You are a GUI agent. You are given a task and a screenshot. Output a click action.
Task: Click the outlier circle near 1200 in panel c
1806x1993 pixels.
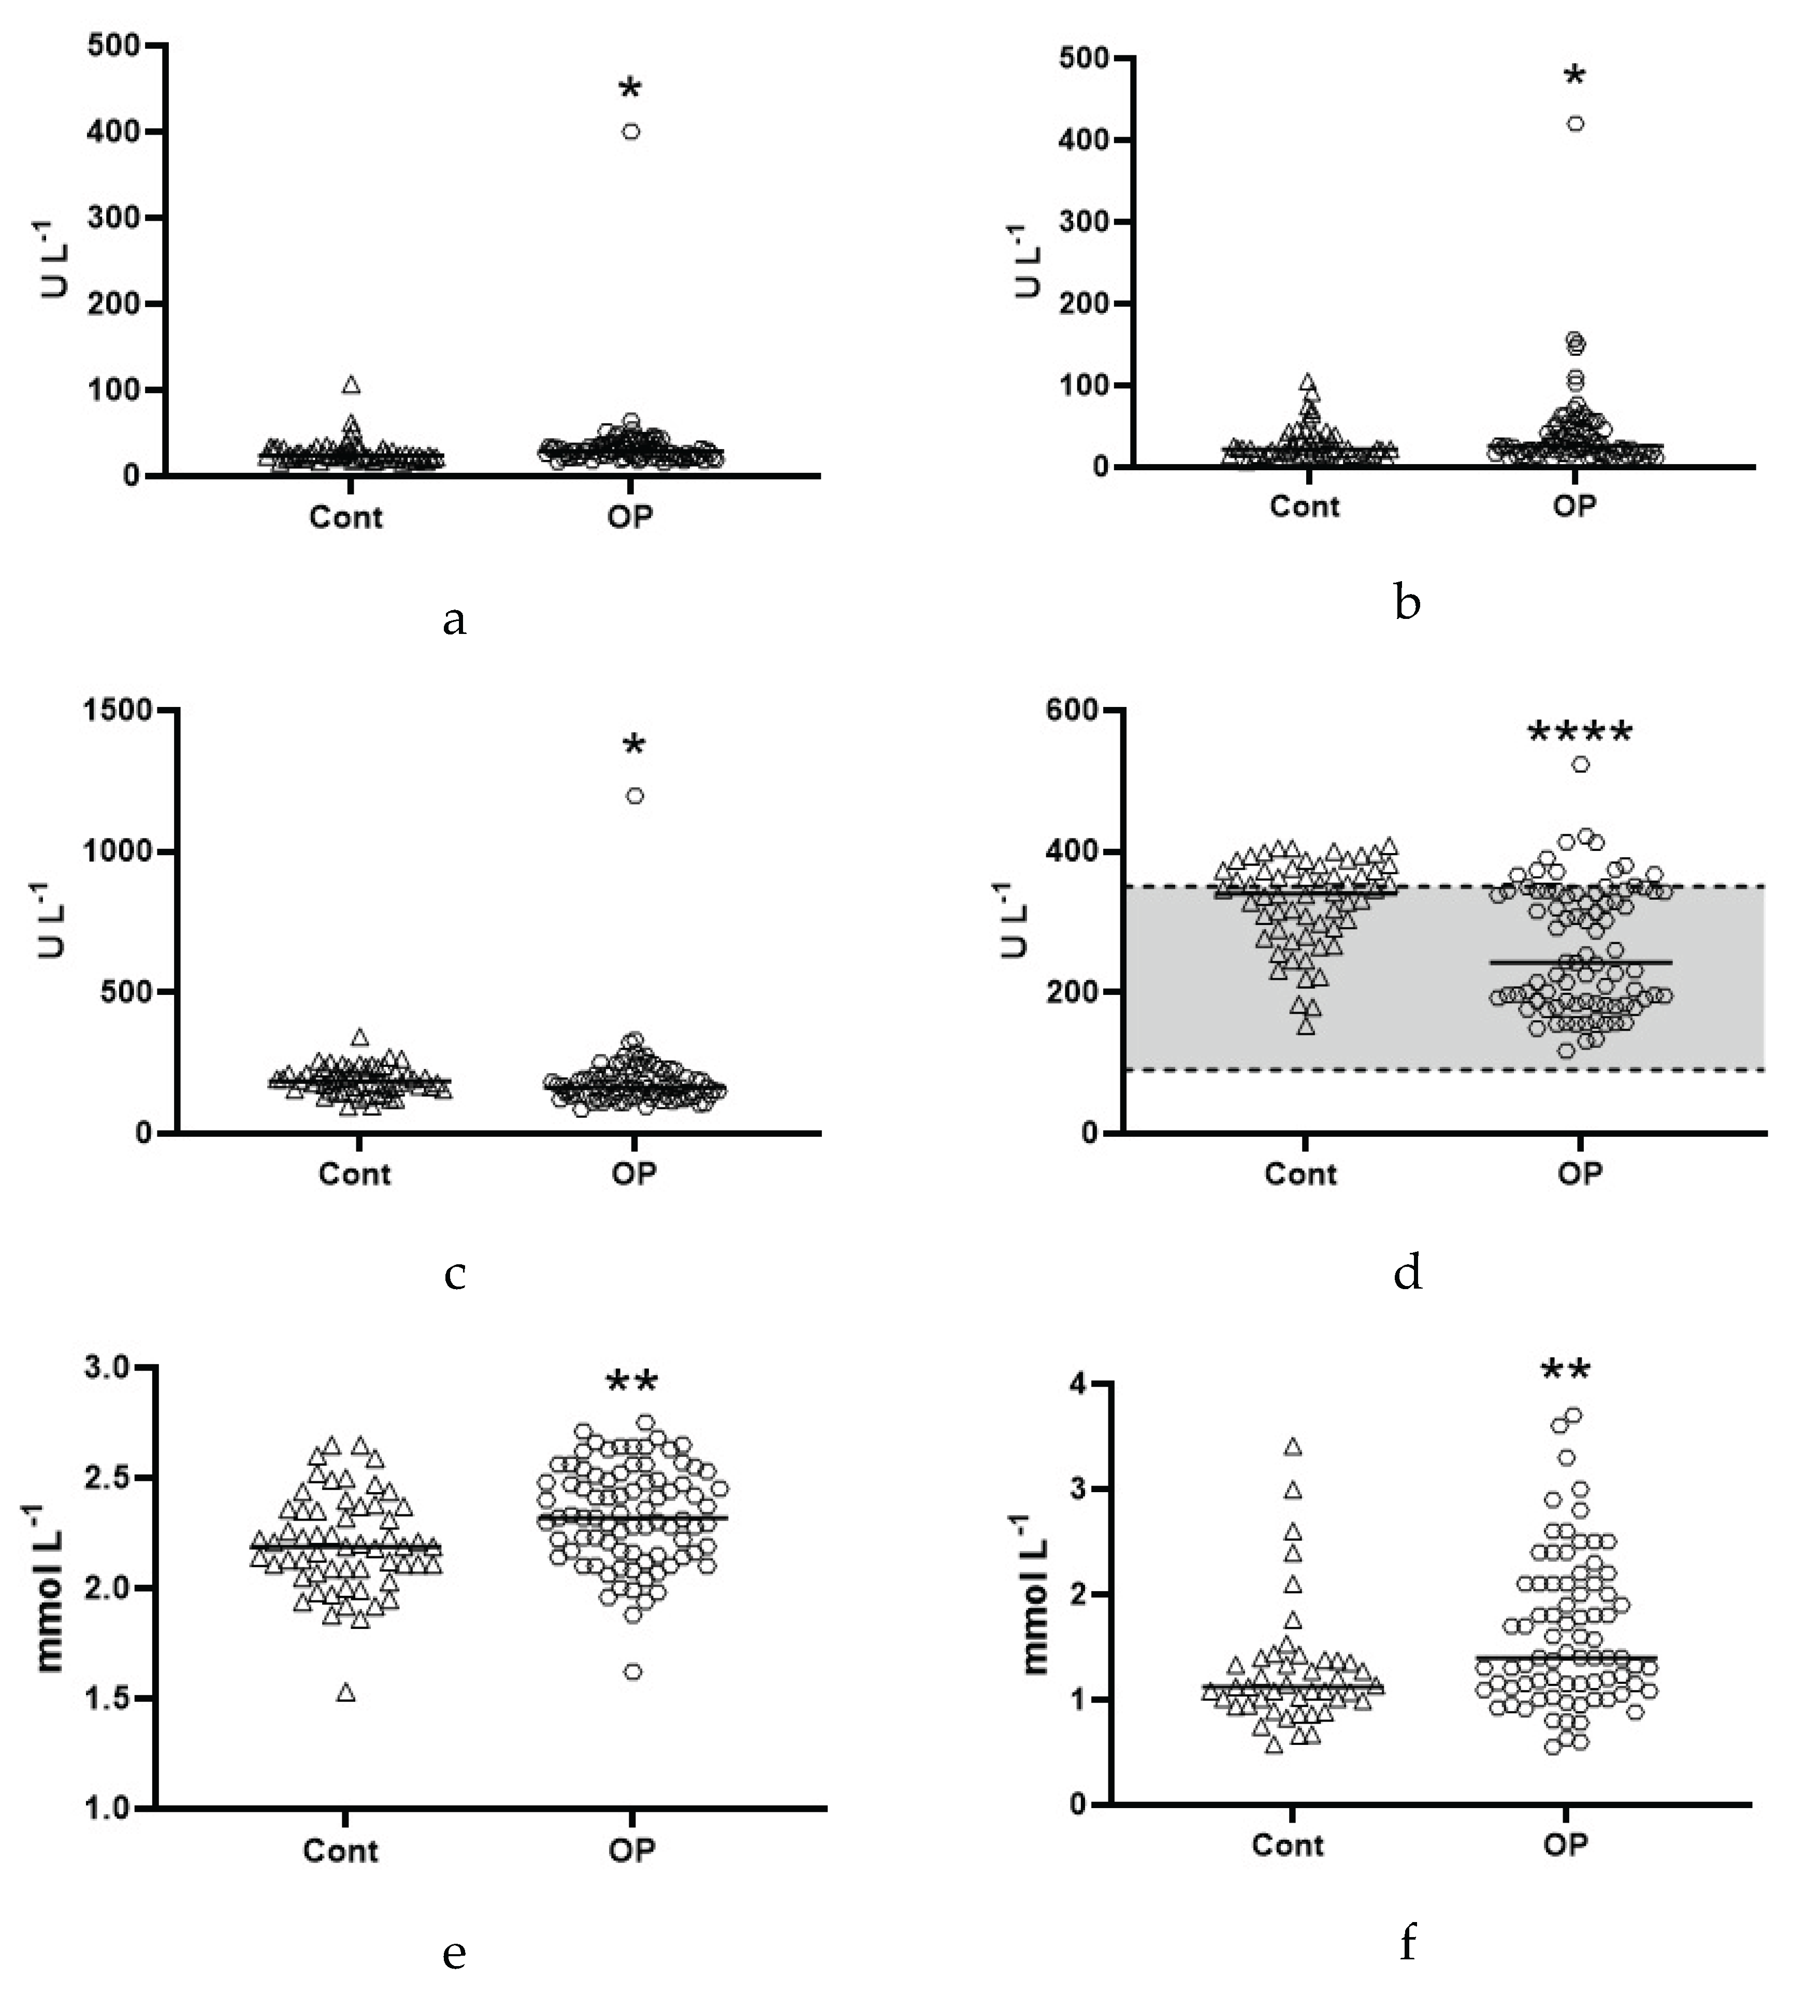pyautogui.click(x=634, y=796)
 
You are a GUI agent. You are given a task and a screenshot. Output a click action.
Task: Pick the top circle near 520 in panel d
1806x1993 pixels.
pyautogui.click(x=1581, y=764)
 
